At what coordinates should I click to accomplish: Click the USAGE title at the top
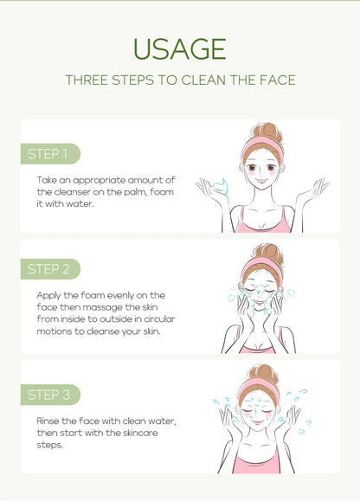point(180,48)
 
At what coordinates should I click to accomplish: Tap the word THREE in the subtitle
point(88,80)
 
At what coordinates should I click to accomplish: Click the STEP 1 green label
point(48,154)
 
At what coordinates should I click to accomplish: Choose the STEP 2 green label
point(49,268)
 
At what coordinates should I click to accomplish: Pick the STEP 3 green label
point(49,395)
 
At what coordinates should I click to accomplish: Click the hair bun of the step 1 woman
point(264,132)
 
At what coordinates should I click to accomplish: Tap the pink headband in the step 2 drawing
point(261,264)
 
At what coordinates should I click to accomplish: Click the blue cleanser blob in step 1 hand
point(220,184)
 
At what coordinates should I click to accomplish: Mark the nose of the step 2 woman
point(261,290)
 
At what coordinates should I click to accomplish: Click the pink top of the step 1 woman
point(263,223)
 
